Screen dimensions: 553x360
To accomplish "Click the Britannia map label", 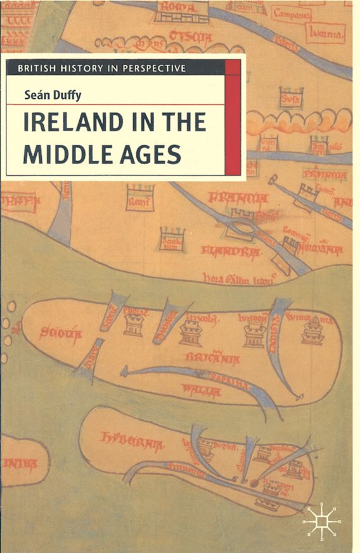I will click(x=212, y=358).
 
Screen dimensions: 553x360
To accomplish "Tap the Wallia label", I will click(x=201, y=389).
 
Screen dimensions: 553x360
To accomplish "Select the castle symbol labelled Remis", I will click(x=139, y=197).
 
